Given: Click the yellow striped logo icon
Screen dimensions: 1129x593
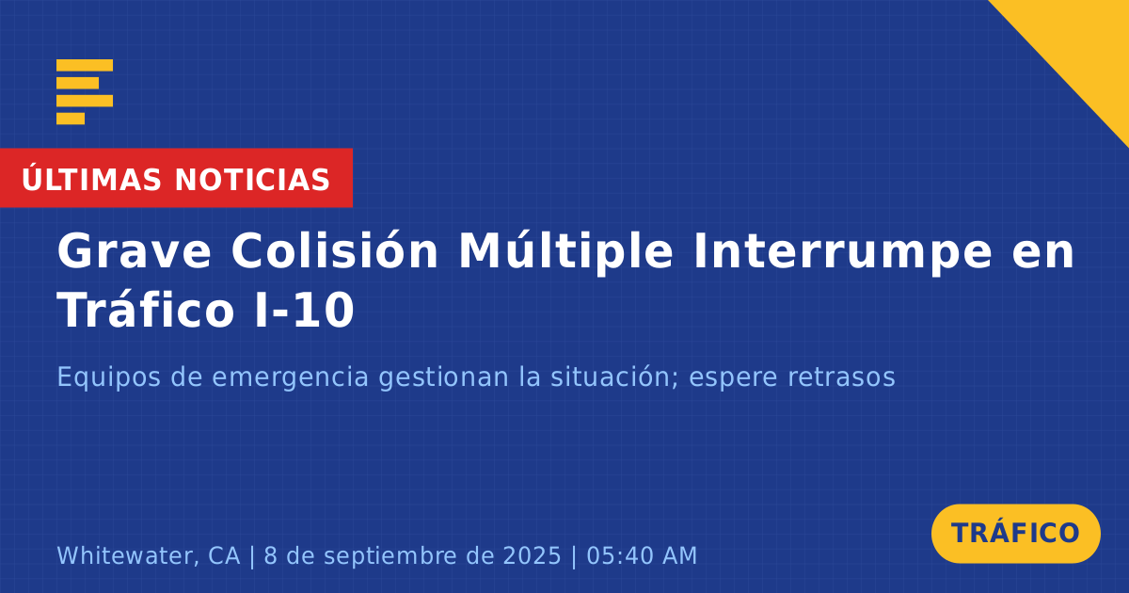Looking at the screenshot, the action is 84,92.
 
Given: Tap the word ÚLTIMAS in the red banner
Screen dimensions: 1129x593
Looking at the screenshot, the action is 91,179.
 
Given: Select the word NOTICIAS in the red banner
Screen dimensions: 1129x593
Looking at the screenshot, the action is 252,180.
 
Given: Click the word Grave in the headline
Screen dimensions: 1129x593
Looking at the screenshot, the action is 134,251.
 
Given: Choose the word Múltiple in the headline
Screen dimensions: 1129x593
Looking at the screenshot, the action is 565,251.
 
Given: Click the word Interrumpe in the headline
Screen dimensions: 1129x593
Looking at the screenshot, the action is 843,252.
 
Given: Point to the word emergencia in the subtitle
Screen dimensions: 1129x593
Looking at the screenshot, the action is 290,378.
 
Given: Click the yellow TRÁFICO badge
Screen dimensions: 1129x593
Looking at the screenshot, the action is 1015,534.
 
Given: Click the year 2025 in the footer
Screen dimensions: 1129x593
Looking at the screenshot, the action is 532,555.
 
